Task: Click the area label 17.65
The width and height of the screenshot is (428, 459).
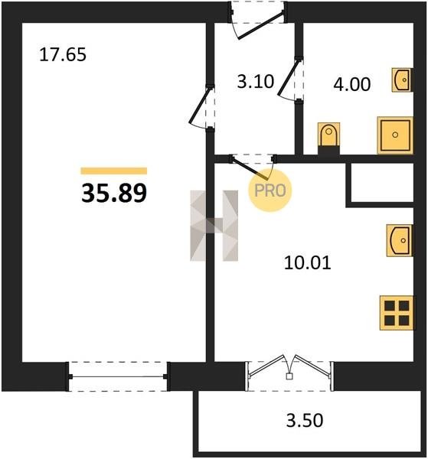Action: click(63, 54)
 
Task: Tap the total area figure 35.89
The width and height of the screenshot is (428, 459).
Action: click(114, 193)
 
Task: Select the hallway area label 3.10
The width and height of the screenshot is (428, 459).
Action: click(256, 81)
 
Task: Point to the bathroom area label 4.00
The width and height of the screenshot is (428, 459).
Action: click(352, 84)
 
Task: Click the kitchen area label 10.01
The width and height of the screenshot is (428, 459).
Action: click(307, 262)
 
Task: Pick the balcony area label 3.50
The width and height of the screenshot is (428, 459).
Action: click(305, 420)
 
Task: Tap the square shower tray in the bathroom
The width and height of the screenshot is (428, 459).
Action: click(395, 135)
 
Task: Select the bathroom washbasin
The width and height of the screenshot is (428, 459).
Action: click(402, 80)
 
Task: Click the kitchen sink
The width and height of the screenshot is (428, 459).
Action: click(400, 240)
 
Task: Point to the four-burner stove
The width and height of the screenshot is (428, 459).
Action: click(397, 313)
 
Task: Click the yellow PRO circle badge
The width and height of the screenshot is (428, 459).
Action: click(270, 190)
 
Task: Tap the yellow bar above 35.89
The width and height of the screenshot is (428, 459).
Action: click(114, 171)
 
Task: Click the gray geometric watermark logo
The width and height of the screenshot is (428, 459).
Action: click(214, 226)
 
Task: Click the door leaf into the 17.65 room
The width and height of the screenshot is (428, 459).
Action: click(200, 105)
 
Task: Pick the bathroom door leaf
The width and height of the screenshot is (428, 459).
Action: click(289, 76)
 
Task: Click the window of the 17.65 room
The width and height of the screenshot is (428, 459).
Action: click(118, 376)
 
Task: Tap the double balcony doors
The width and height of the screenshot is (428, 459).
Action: click(289, 368)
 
